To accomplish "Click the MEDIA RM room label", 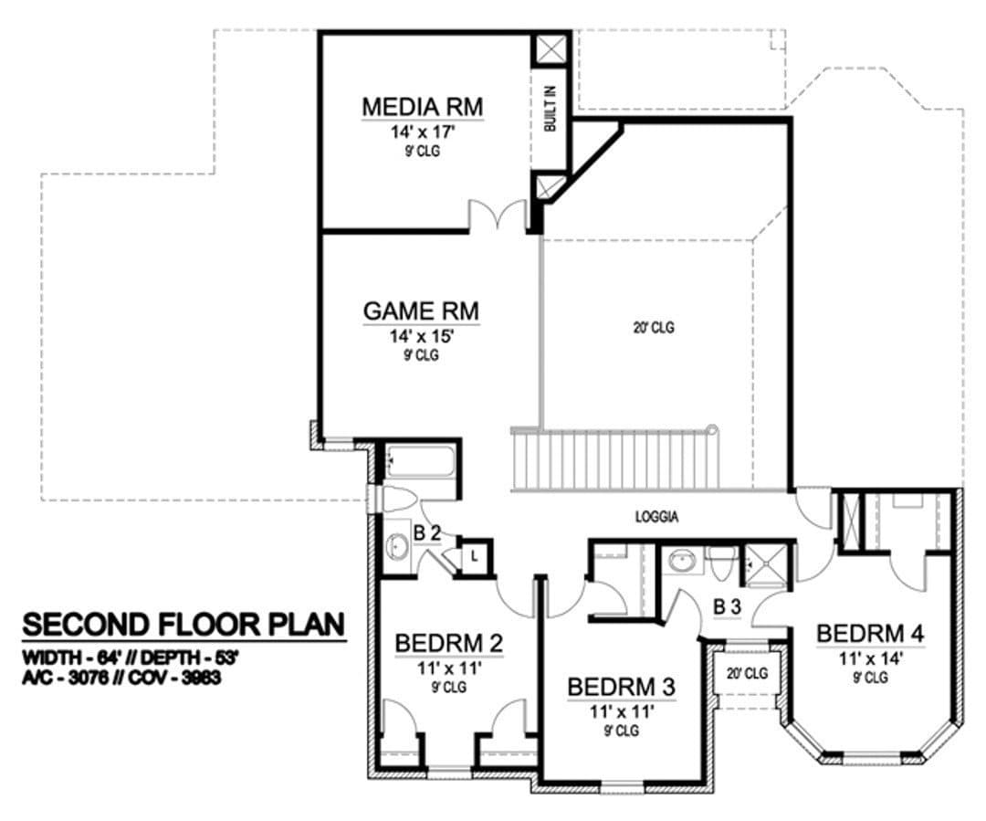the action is coord(423,106).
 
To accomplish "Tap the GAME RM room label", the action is coord(421,311).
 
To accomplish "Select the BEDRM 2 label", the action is coord(449,643).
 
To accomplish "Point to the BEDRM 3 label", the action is coord(622,687).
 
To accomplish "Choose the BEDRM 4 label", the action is coord(870,634).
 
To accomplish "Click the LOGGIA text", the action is coord(656,517).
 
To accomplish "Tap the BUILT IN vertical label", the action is coord(551,108).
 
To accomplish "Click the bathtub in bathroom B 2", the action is coord(419,462).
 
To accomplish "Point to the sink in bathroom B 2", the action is coord(396,545).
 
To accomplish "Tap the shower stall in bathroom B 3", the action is coord(765,565).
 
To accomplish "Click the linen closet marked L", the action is coord(474,555).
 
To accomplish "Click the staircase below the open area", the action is coord(615,459).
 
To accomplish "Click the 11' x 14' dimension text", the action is coord(872,658).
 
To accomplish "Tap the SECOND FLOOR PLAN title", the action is coord(184,625).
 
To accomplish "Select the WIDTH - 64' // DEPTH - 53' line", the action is coord(131,658).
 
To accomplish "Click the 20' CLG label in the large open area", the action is coord(654,328).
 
